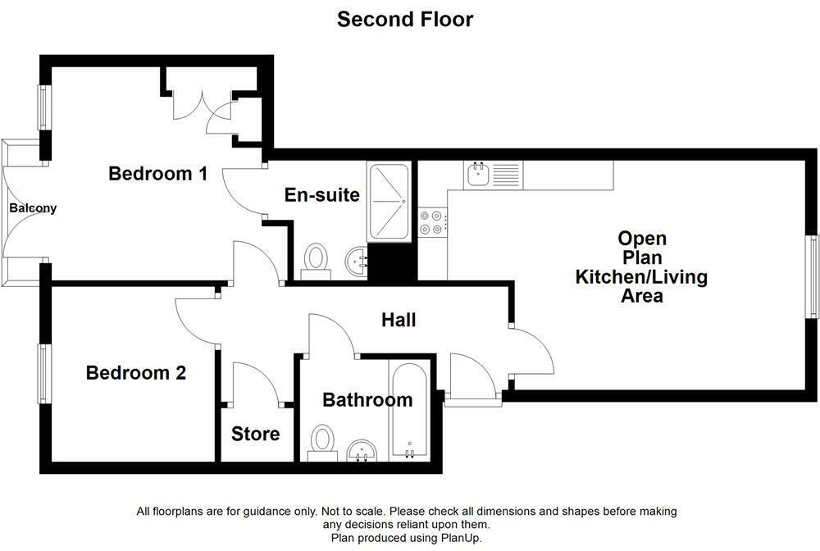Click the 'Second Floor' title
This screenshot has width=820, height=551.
[x=405, y=19]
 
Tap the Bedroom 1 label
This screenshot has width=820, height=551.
[x=157, y=174]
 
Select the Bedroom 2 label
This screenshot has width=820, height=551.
[x=136, y=373]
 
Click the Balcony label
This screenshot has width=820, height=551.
[x=33, y=208]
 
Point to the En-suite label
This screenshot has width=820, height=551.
[x=321, y=195]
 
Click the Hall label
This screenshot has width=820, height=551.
[x=399, y=320]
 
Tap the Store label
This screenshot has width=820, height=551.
[x=255, y=434]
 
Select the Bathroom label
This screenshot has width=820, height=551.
[x=367, y=400]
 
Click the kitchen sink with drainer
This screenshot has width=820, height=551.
[x=492, y=174]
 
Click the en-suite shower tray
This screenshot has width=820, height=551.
[x=389, y=203]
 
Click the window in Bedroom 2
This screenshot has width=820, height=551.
[x=44, y=373]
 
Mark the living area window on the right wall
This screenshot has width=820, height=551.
[x=812, y=275]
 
